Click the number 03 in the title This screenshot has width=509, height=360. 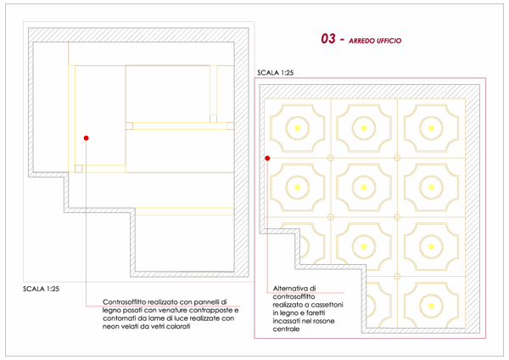coord(328,39)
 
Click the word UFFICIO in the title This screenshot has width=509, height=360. coord(389,41)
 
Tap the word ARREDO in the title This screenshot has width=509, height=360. coord(361,41)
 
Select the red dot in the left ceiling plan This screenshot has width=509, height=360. coord(86,138)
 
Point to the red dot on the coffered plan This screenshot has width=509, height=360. coord(267,158)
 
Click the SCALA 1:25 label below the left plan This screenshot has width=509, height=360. coord(42,289)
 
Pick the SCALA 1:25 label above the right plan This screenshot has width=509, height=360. coord(275,73)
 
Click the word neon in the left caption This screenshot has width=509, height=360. coord(110,327)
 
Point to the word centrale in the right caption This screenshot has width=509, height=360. coord(286,329)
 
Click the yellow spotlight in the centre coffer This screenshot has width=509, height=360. coord(364,188)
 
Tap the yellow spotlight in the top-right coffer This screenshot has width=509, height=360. coord(431,128)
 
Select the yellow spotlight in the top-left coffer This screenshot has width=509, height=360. coord(298,128)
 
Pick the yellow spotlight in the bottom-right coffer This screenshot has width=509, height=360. coord(431,306)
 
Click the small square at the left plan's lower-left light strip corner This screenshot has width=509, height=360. coord(79,169)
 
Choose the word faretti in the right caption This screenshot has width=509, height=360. coord(316,313)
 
